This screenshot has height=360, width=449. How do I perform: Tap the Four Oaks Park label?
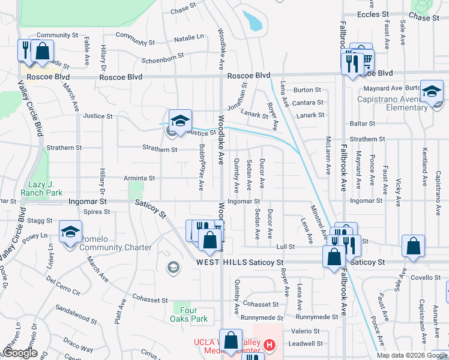click(x=190, y=314)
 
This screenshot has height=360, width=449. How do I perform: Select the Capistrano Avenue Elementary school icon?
click(x=432, y=92)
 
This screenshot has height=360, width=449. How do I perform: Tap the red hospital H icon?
click(x=270, y=346)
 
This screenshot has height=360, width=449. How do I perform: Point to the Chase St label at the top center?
click(x=184, y=11)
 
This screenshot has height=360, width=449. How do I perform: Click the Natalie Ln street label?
click(x=188, y=38)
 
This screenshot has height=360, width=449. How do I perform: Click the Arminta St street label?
click(x=139, y=178)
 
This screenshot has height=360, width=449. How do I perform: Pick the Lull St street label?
click(x=285, y=247)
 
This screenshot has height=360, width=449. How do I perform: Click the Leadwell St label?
click(x=306, y=344)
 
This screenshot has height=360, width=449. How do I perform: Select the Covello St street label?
click(x=426, y=277)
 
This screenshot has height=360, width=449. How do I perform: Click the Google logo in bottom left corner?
click(x=20, y=353)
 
